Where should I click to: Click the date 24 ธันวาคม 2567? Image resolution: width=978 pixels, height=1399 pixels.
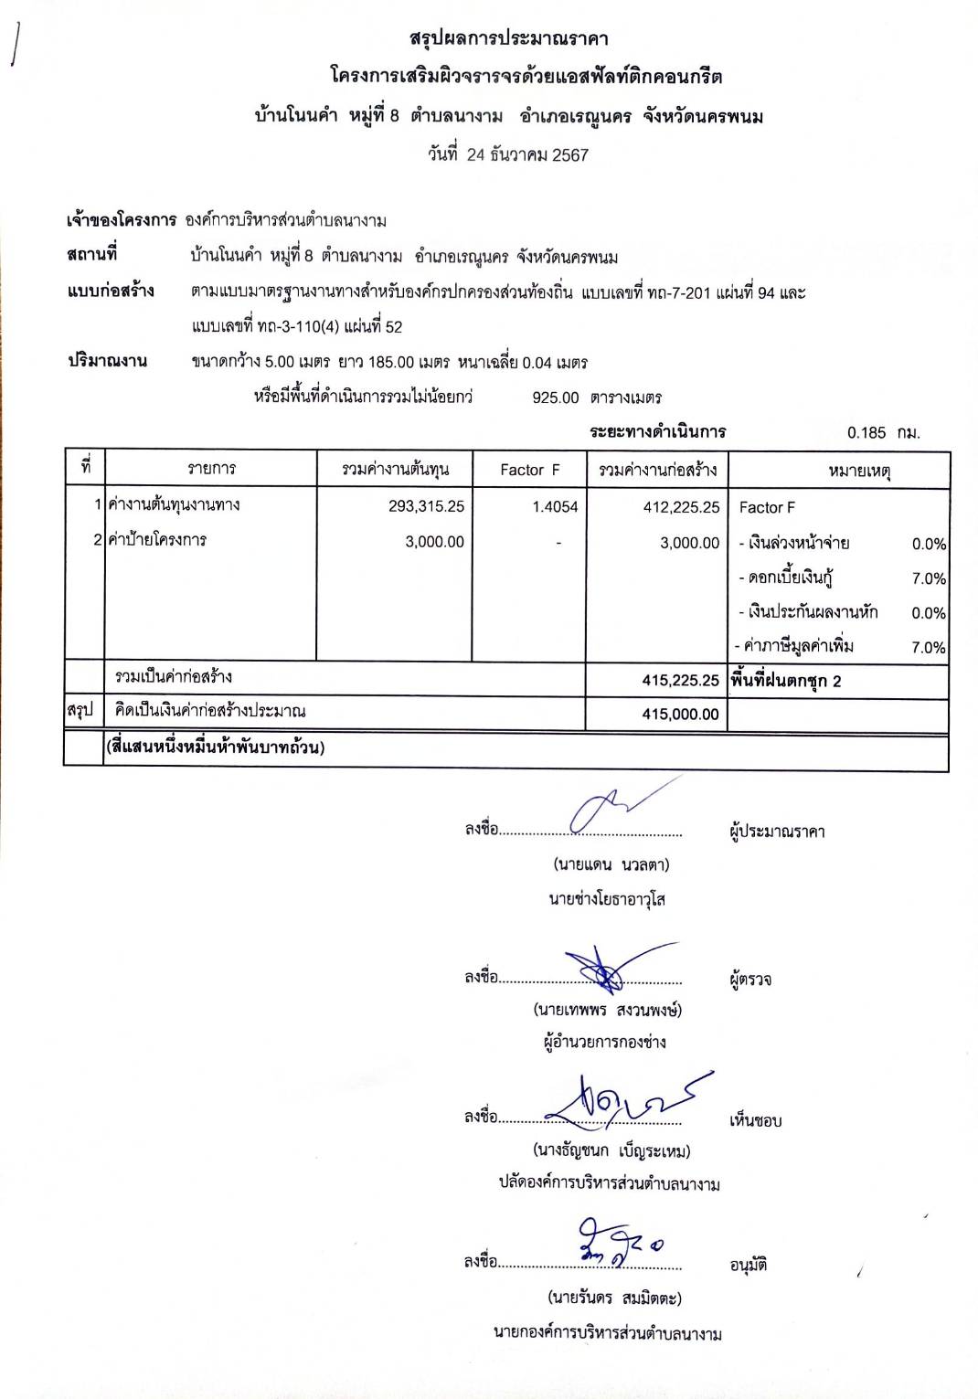click(527, 155)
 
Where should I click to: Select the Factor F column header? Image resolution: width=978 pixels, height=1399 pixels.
click(529, 471)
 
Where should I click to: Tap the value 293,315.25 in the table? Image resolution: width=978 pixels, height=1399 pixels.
click(426, 506)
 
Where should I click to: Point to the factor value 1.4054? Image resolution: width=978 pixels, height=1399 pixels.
click(555, 507)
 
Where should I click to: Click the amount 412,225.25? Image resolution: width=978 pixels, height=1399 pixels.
click(681, 507)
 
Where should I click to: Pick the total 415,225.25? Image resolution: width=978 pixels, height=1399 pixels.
click(681, 681)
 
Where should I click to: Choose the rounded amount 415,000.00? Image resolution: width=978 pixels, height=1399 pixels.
click(681, 715)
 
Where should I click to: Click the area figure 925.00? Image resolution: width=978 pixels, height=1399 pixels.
click(556, 397)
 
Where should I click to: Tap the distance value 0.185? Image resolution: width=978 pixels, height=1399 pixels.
click(866, 433)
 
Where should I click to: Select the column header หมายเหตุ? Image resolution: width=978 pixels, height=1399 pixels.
click(859, 471)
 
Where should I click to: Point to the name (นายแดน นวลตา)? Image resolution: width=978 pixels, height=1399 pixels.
click(611, 864)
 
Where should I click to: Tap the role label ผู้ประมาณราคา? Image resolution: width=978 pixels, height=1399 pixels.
click(777, 832)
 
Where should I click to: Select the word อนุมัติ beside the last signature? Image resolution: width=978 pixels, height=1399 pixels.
click(748, 1266)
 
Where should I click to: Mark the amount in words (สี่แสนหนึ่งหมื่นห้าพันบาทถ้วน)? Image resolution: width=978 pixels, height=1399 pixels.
click(215, 747)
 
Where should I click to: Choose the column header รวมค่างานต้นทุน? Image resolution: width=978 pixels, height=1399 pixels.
click(395, 470)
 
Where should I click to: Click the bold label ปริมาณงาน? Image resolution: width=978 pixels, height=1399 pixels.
click(107, 361)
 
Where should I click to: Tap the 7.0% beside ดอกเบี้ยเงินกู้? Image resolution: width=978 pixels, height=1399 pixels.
click(929, 579)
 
